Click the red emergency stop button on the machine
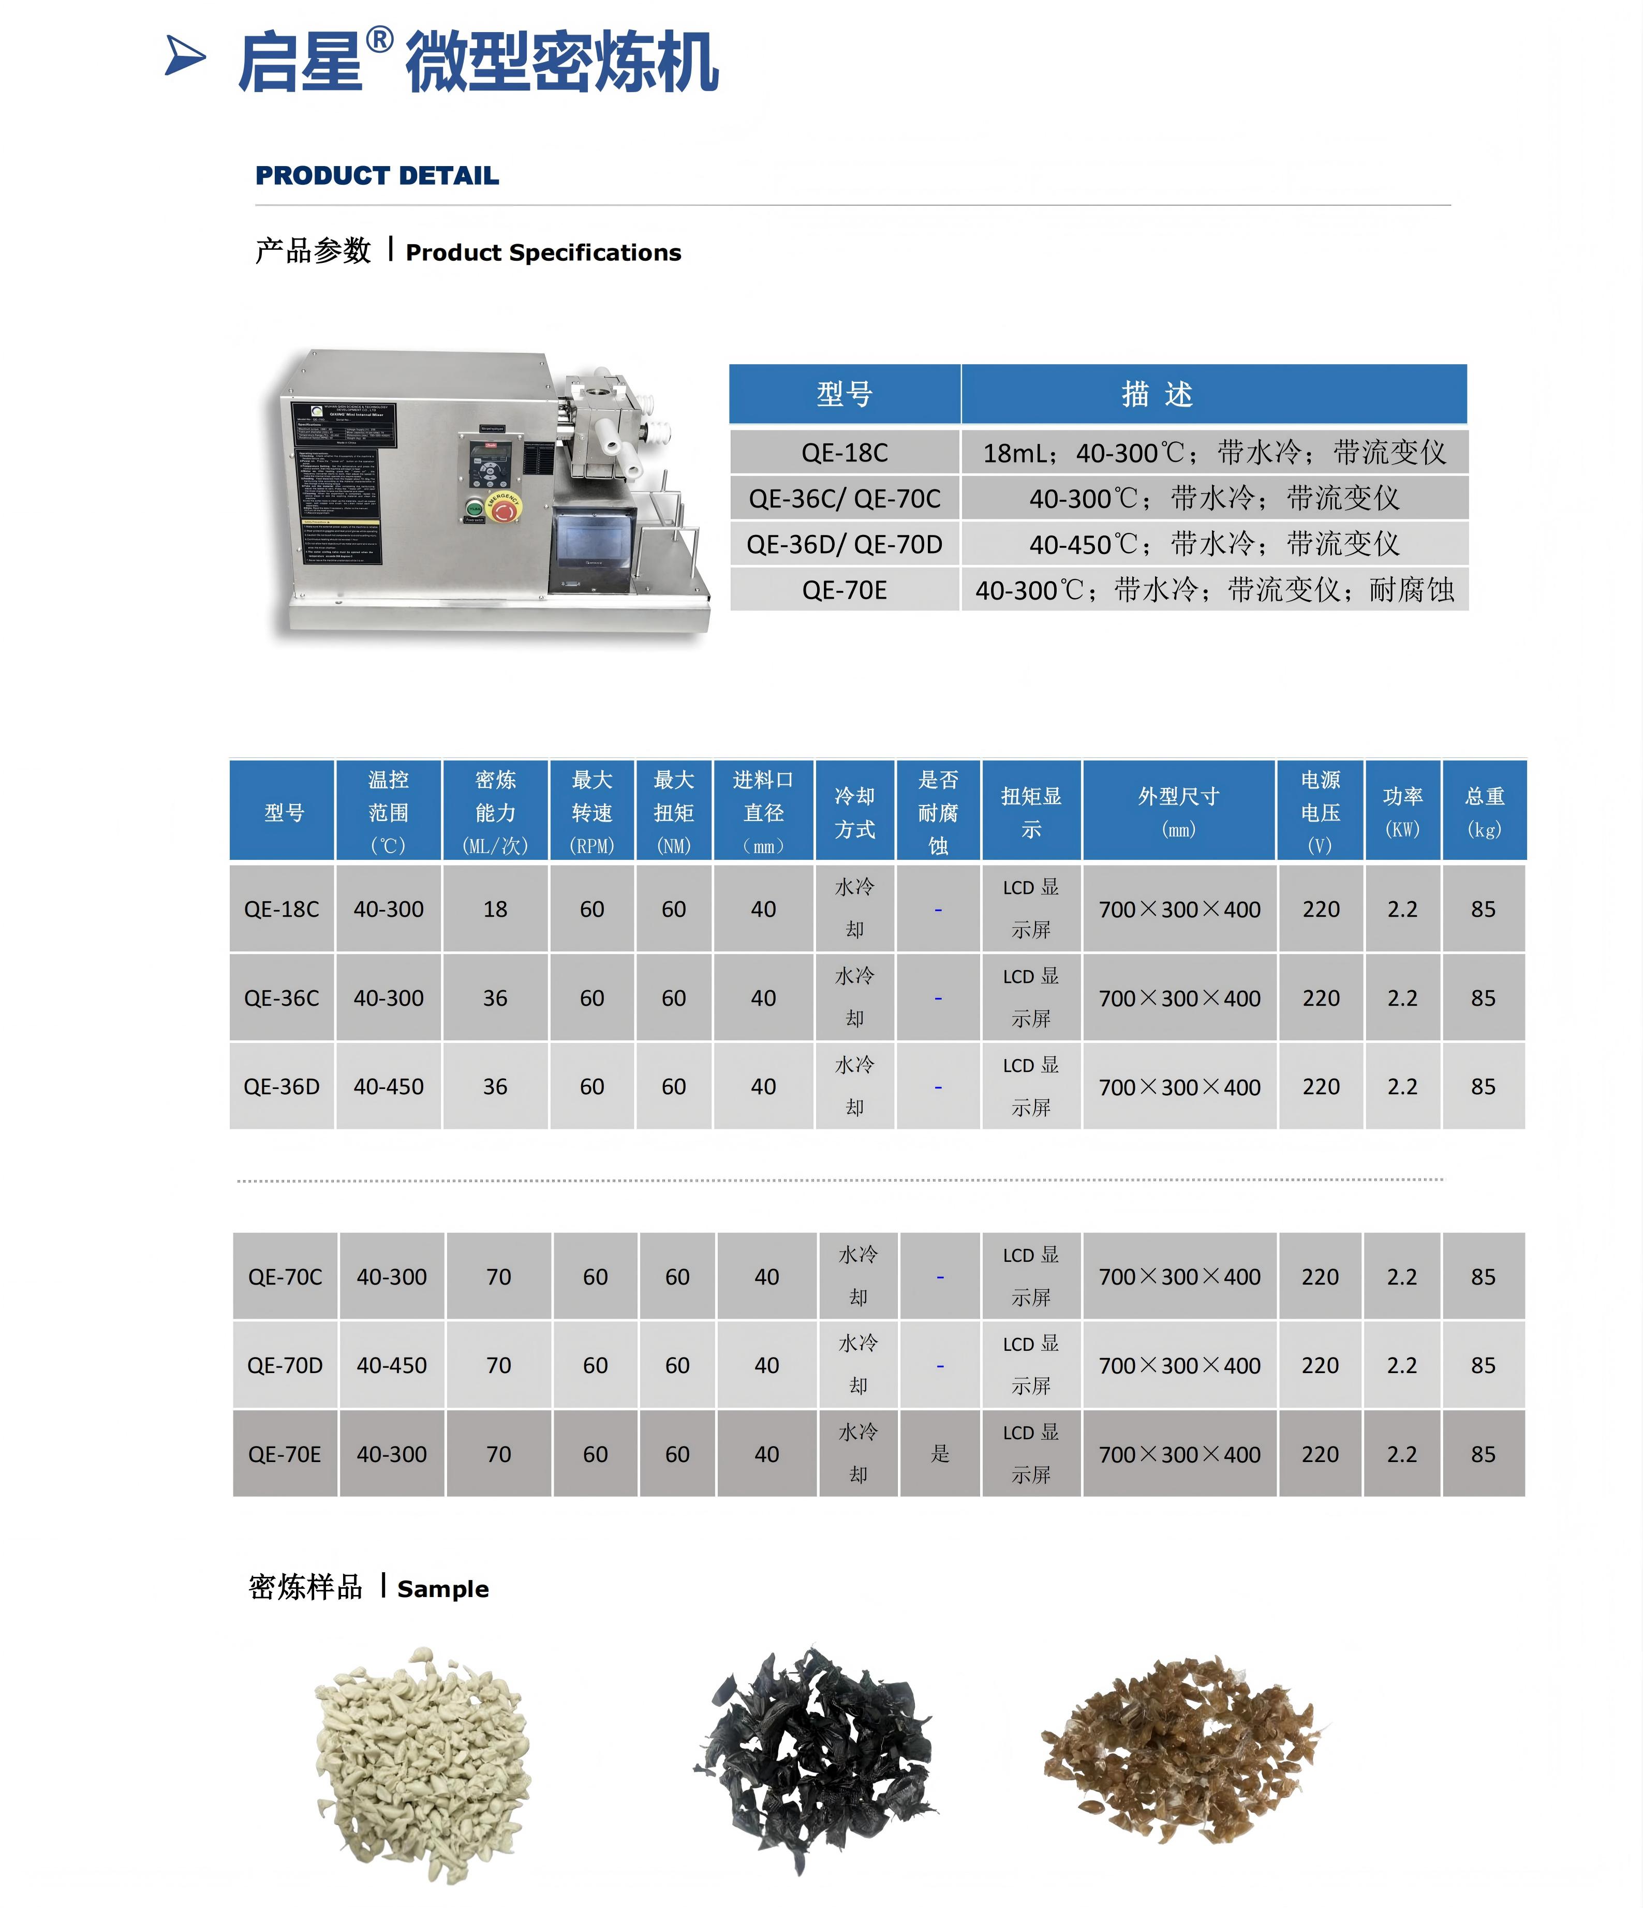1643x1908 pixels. click(x=503, y=508)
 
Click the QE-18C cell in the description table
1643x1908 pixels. click(x=845, y=452)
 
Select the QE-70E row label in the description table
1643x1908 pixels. click(x=845, y=589)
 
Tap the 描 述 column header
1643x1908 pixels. click(x=1158, y=394)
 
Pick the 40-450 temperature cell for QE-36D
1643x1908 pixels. click(x=389, y=1086)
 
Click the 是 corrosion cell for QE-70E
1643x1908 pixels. click(x=939, y=1453)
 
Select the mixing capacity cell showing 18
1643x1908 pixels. click(x=495, y=909)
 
